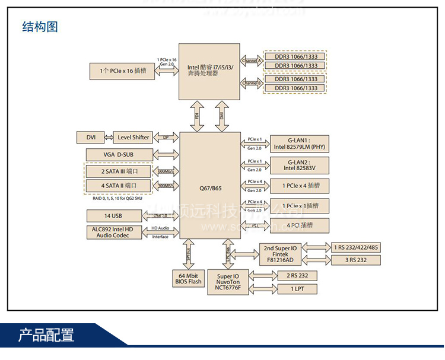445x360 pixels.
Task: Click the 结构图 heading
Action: click(40, 27)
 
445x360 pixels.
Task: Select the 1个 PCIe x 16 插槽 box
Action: click(122, 71)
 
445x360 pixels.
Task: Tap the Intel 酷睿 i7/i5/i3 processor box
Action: click(210, 71)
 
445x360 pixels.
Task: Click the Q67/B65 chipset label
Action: click(210, 188)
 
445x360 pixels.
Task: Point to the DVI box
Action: click(91, 138)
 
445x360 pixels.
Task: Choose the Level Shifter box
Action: click(133, 138)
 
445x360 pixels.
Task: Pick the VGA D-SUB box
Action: click(118, 155)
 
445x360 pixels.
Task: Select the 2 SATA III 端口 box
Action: click(118, 171)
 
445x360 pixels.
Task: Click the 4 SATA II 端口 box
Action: click(118, 186)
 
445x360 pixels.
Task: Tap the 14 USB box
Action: click(113, 216)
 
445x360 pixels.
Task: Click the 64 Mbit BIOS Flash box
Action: click(187, 279)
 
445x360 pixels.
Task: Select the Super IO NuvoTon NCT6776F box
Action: click(228, 282)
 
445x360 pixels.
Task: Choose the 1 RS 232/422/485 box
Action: click(356, 247)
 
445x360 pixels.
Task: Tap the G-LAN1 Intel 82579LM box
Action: click(299, 142)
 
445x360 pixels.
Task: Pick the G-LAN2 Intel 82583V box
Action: click(299, 164)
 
